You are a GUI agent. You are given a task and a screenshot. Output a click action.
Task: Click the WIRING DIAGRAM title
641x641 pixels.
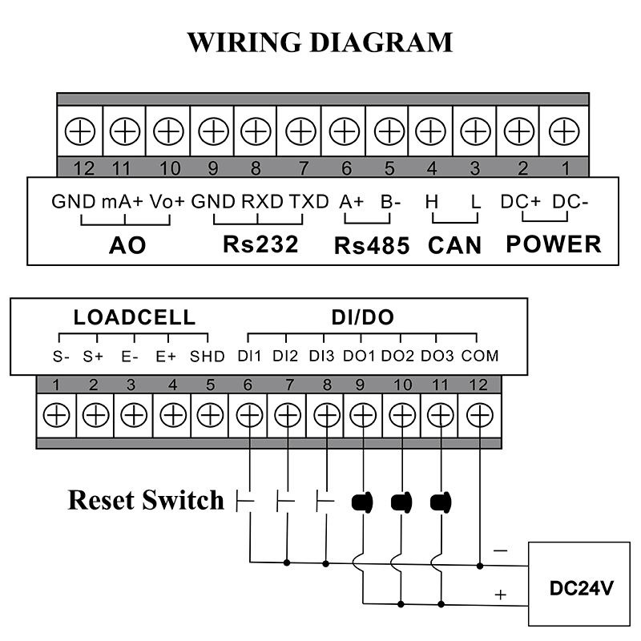(320, 42)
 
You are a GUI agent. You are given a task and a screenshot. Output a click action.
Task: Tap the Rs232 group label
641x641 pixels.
(260, 244)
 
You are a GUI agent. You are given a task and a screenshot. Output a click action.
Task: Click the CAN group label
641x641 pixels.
(454, 245)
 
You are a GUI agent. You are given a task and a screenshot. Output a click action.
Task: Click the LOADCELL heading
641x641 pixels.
(135, 317)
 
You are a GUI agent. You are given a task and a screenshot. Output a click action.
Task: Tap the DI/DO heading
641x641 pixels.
(362, 317)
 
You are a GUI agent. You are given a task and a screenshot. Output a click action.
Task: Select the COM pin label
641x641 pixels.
(480, 356)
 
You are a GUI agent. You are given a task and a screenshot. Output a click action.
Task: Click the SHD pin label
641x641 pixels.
(207, 356)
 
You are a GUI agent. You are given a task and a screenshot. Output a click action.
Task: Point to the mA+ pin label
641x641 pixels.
(122, 201)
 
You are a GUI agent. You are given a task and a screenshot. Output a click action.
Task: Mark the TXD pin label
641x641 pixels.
(309, 201)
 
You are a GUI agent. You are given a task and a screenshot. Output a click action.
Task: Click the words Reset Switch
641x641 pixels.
(146, 500)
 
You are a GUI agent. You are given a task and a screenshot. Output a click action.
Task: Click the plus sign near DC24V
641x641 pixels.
(502, 595)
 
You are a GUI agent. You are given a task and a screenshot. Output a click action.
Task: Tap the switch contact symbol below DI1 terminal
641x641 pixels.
(247, 502)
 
